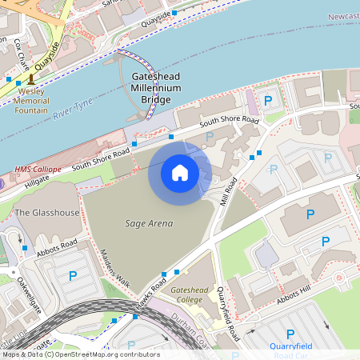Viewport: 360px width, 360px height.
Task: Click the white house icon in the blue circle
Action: (x=180, y=172)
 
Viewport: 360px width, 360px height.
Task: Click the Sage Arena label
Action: (x=150, y=223)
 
